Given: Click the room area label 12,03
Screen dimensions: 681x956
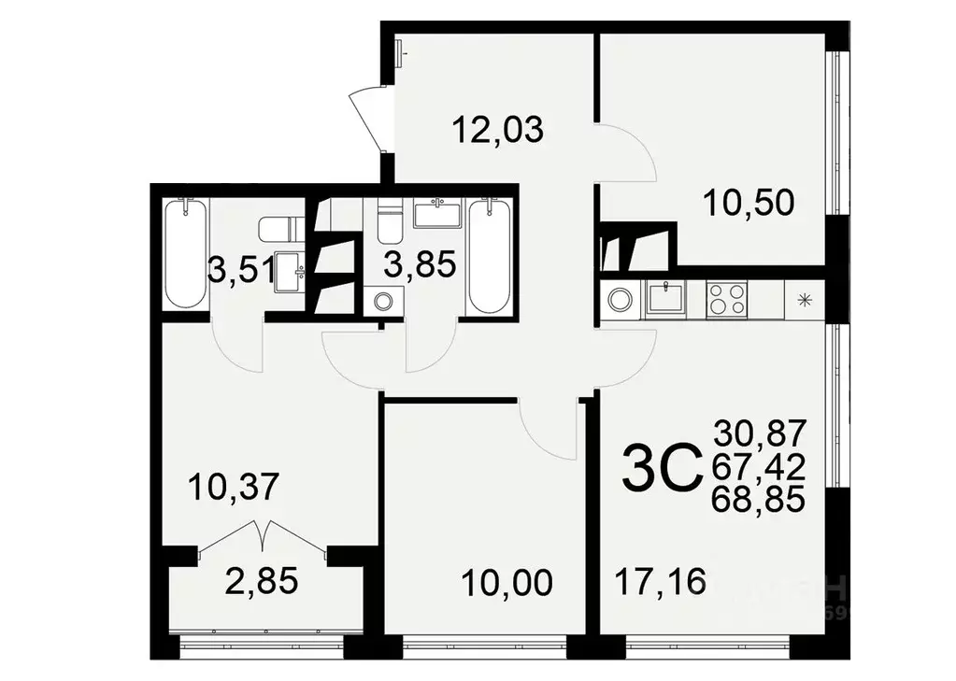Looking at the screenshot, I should (496, 128).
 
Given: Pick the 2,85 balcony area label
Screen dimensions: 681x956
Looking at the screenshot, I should (262, 580).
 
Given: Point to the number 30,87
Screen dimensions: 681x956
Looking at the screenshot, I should (759, 433).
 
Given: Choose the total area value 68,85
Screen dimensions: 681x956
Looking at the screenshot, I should (759, 502).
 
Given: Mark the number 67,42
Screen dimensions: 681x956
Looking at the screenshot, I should (759, 467).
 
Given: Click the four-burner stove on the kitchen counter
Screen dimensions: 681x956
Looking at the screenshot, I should (726, 300).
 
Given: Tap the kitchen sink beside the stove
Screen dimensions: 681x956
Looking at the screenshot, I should (667, 299).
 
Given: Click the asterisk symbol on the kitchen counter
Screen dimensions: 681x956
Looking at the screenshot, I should (803, 300).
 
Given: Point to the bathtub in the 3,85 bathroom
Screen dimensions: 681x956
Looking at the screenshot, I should (489, 257).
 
